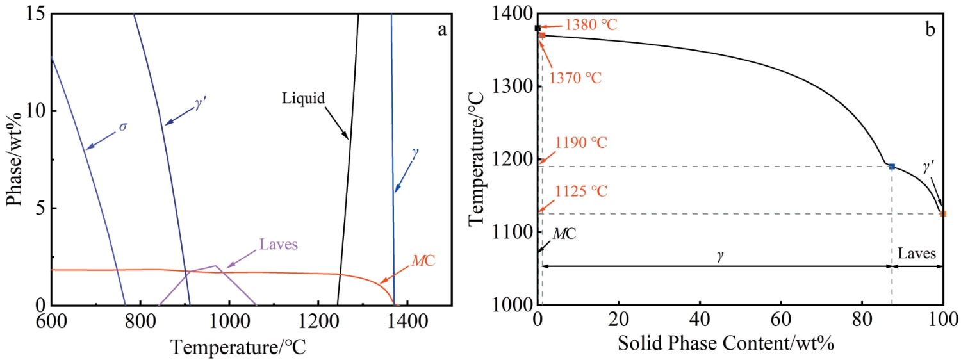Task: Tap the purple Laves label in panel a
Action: (x=279, y=244)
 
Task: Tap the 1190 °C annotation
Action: (x=582, y=142)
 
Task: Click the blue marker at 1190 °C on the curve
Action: (x=891, y=167)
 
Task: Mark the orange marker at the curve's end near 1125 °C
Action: (x=942, y=213)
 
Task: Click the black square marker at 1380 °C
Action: (x=538, y=28)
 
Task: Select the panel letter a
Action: (x=441, y=29)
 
